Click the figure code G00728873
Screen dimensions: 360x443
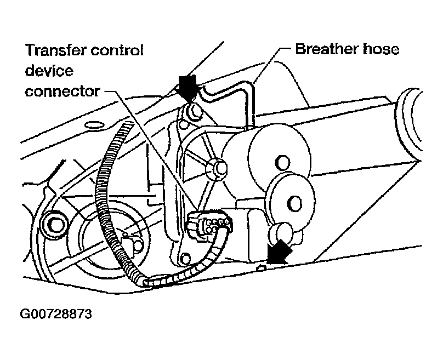(56, 315)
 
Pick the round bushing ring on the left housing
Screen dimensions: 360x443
(55, 222)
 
